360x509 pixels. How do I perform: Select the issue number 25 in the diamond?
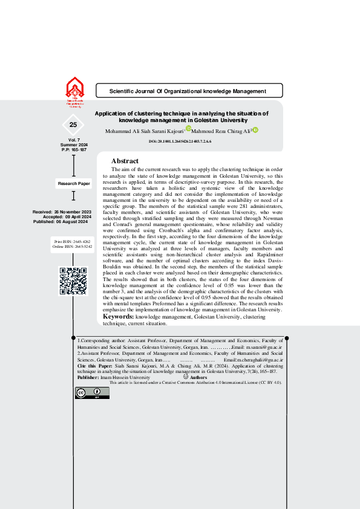point(73,125)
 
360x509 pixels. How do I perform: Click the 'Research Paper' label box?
point(73,183)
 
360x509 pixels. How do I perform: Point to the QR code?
point(73,281)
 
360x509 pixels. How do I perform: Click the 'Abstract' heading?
point(125,161)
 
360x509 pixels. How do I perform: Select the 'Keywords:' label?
point(118,316)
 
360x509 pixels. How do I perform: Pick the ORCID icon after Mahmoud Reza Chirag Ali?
point(255,129)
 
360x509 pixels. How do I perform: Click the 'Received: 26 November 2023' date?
point(62,212)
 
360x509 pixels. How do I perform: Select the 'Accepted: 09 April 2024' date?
point(67,217)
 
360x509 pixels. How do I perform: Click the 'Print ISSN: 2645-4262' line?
point(73,241)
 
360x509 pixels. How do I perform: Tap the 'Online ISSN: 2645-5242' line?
point(73,247)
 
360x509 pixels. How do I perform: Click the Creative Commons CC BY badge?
point(92,393)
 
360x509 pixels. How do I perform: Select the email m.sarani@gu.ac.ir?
point(264,348)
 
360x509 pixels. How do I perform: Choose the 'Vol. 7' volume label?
point(74,140)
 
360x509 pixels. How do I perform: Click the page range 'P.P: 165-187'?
point(74,149)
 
